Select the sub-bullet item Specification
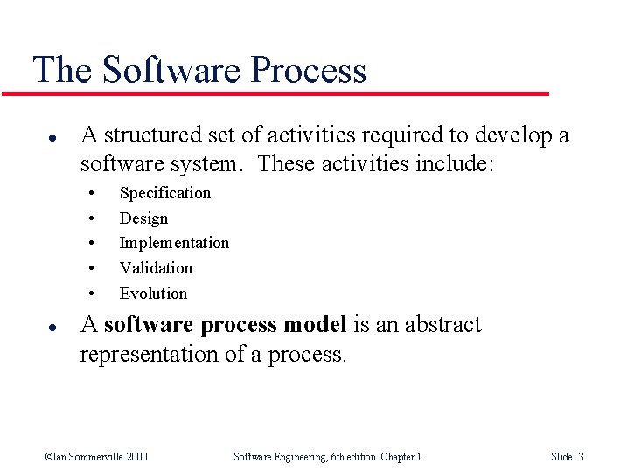164,193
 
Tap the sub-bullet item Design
143,218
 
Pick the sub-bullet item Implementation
174,243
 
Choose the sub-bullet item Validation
156,268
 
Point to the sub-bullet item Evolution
153,294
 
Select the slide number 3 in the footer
581,457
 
